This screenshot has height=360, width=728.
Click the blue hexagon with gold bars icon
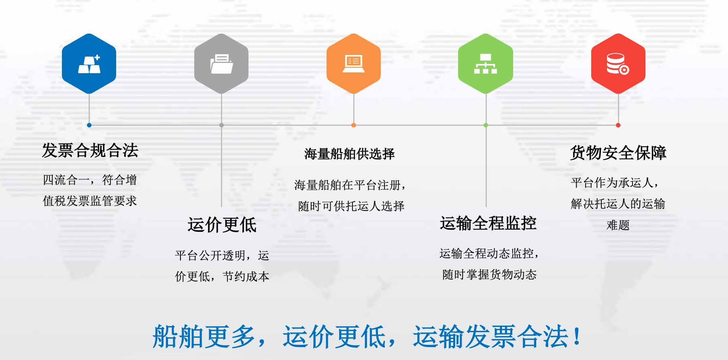click(89, 64)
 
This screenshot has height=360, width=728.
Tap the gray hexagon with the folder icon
click(221, 64)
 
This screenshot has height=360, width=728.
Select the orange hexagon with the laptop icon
click(354, 64)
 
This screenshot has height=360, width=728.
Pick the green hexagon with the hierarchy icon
click(486, 64)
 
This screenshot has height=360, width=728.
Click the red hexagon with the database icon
click(618, 64)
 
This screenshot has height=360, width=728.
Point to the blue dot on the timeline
click(89, 125)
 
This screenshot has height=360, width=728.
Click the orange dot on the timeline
click(354, 125)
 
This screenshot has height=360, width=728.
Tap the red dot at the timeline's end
click(618, 125)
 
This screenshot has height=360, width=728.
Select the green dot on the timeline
click(486, 125)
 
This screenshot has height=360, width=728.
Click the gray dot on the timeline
click(221, 125)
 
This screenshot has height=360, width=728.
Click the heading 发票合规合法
click(90, 150)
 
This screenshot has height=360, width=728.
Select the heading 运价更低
click(222, 224)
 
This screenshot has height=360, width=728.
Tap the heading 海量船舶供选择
click(349, 154)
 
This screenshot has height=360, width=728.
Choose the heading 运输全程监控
click(488, 223)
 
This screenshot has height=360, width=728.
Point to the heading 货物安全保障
click(618, 152)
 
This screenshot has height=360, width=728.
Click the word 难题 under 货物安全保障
click(618, 225)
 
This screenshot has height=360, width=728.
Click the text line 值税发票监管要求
click(90, 201)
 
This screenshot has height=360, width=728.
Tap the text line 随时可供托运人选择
click(351, 206)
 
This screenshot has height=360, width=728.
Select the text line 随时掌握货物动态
click(489, 275)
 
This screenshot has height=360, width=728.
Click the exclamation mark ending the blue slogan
click(577, 336)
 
